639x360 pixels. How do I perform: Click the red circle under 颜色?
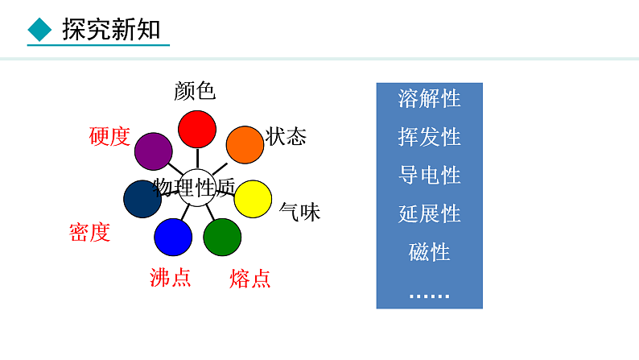click(x=196, y=129)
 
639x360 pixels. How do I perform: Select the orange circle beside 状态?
click(x=245, y=145)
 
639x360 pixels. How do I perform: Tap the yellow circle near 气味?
click(x=253, y=199)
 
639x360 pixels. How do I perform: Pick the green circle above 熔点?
click(x=222, y=237)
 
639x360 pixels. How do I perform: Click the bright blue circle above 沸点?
click(x=173, y=237)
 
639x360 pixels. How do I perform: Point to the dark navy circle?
click(x=143, y=199)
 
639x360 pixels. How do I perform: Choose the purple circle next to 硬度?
click(x=154, y=151)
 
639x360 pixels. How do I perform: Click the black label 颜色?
click(x=195, y=91)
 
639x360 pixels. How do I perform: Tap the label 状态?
click(x=286, y=135)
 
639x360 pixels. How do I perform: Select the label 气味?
click(x=299, y=212)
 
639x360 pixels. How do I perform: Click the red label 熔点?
click(x=249, y=279)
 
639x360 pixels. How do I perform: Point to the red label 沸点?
click(x=171, y=277)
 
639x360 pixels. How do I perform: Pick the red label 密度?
click(x=89, y=233)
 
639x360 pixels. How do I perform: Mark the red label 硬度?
click(x=109, y=136)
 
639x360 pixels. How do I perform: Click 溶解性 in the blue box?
click(x=429, y=98)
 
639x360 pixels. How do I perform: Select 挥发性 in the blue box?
click(x=429, y=137)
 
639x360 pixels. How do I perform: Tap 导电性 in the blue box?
click(x=429, y=175)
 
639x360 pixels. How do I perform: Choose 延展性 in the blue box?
click(x=429, y=213)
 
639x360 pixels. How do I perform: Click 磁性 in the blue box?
click(x=429, y=252)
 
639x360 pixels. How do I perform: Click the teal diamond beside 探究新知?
click(x=39, y=31)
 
